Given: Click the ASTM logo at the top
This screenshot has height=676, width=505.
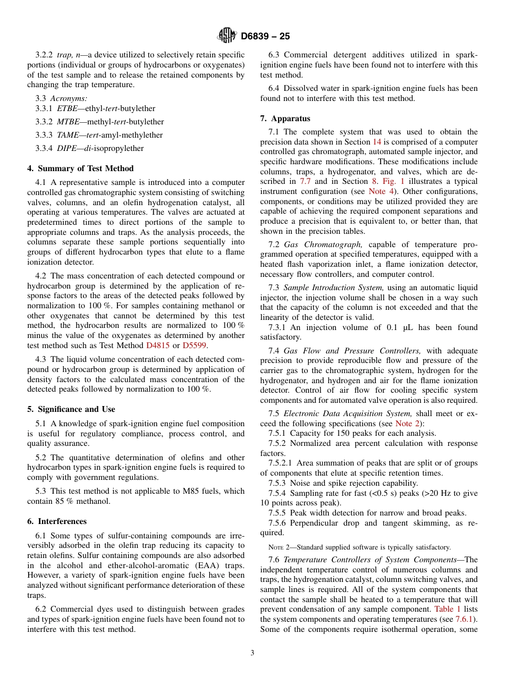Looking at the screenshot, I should pos(227,36).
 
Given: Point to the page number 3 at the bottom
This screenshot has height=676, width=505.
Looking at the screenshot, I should pos(252,653).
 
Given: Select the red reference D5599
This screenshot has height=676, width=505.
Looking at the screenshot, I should pos(195,345).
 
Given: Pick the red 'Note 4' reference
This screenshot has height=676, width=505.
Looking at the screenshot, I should pos(378,191).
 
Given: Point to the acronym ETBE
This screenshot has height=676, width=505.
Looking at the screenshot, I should pos(67,108).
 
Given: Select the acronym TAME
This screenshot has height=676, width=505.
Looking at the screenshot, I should pos(68,135).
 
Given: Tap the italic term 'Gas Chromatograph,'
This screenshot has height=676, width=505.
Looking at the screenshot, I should pos(323,244).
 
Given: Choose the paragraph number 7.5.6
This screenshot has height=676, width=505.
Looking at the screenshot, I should pos(277,523).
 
